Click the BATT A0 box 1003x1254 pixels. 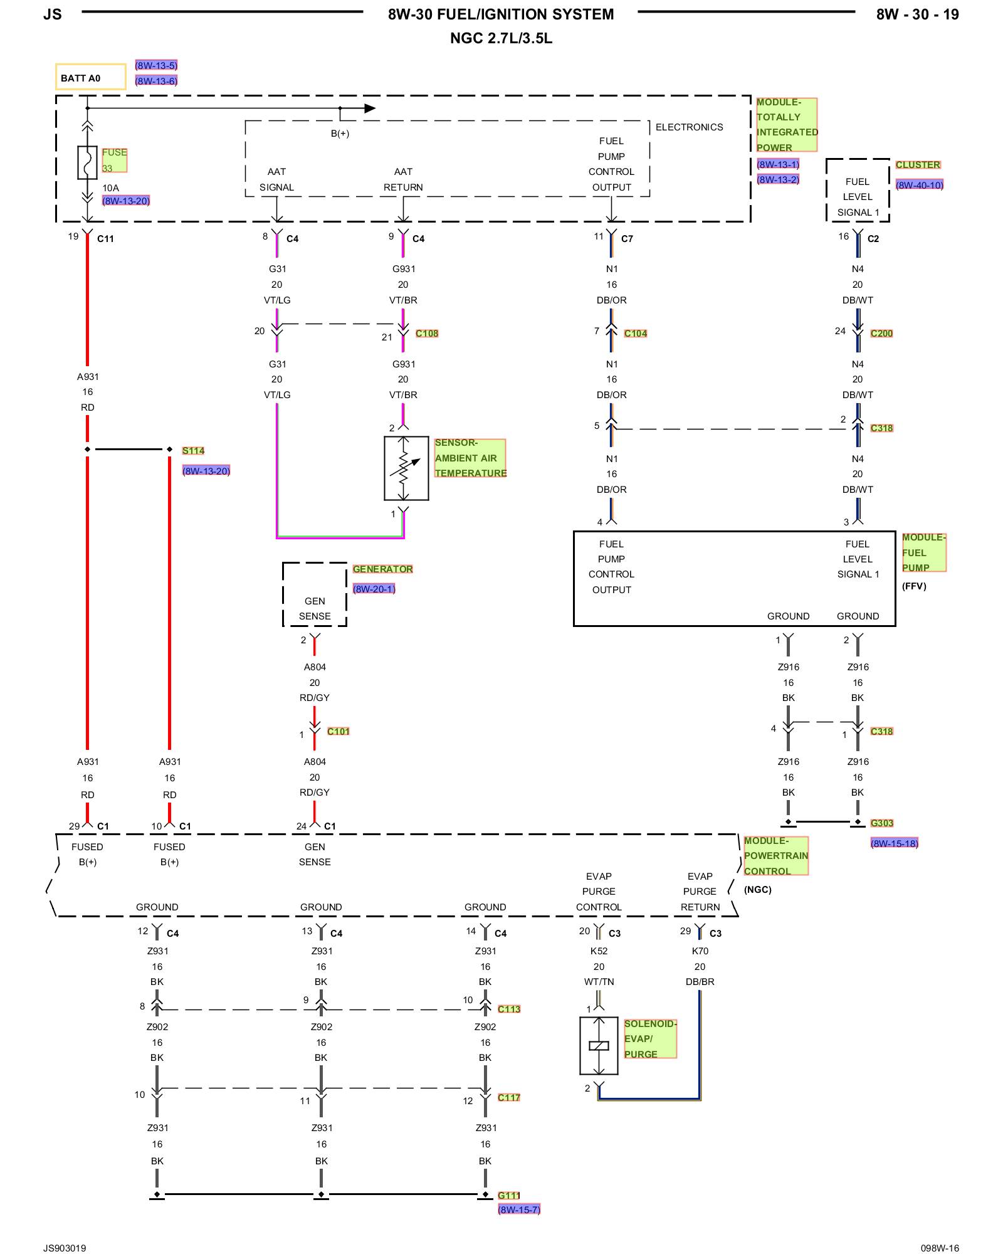[90, 78]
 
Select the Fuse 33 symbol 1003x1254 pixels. [87, 163]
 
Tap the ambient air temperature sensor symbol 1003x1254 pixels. [406, 468]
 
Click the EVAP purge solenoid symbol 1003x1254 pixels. [599, 1045]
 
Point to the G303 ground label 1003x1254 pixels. [881, 823]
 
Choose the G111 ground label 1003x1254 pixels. [508, 1195]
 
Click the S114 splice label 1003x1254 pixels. [193, 450]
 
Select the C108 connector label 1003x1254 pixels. [427, 333]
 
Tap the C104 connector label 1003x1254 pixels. [635, 333]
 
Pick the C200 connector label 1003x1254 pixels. [881, 333]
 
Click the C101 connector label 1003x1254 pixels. [338, 731]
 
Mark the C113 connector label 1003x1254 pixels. [508, 1009]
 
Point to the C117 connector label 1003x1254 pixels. [508, 1097]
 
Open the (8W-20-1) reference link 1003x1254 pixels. [374, 589]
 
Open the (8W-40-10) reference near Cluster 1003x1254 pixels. [919, 185]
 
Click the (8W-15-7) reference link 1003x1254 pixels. [518, 1209]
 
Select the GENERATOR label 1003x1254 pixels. [382, 569]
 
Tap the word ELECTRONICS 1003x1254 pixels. [689, 127]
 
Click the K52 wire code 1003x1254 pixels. [599, 951]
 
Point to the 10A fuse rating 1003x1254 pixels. [110, 187]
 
